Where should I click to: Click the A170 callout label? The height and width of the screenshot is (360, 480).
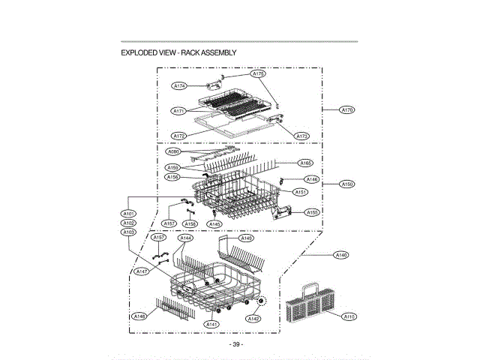click(346, 110)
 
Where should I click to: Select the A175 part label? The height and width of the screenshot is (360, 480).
click(258, 74)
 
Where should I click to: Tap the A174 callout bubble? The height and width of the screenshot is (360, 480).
click(180, 86)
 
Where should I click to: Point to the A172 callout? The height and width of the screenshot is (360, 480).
click(178, 136)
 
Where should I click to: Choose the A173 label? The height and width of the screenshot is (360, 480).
click(302, 136)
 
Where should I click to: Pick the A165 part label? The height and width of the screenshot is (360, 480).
click(306, 163)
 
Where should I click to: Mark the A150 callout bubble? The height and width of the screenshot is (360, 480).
click(346, 184)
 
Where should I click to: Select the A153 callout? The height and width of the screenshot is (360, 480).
click(312, 212)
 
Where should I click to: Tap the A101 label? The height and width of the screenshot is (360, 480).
click(128, 214)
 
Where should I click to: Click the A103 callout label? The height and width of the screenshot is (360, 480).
click(128, 232)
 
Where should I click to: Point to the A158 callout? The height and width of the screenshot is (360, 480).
click(190, 223)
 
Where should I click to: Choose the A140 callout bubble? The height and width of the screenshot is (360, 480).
click(341, 256)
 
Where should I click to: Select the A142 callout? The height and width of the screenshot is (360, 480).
click(253, 319)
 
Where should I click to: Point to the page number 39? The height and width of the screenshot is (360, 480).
click(237, 344)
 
